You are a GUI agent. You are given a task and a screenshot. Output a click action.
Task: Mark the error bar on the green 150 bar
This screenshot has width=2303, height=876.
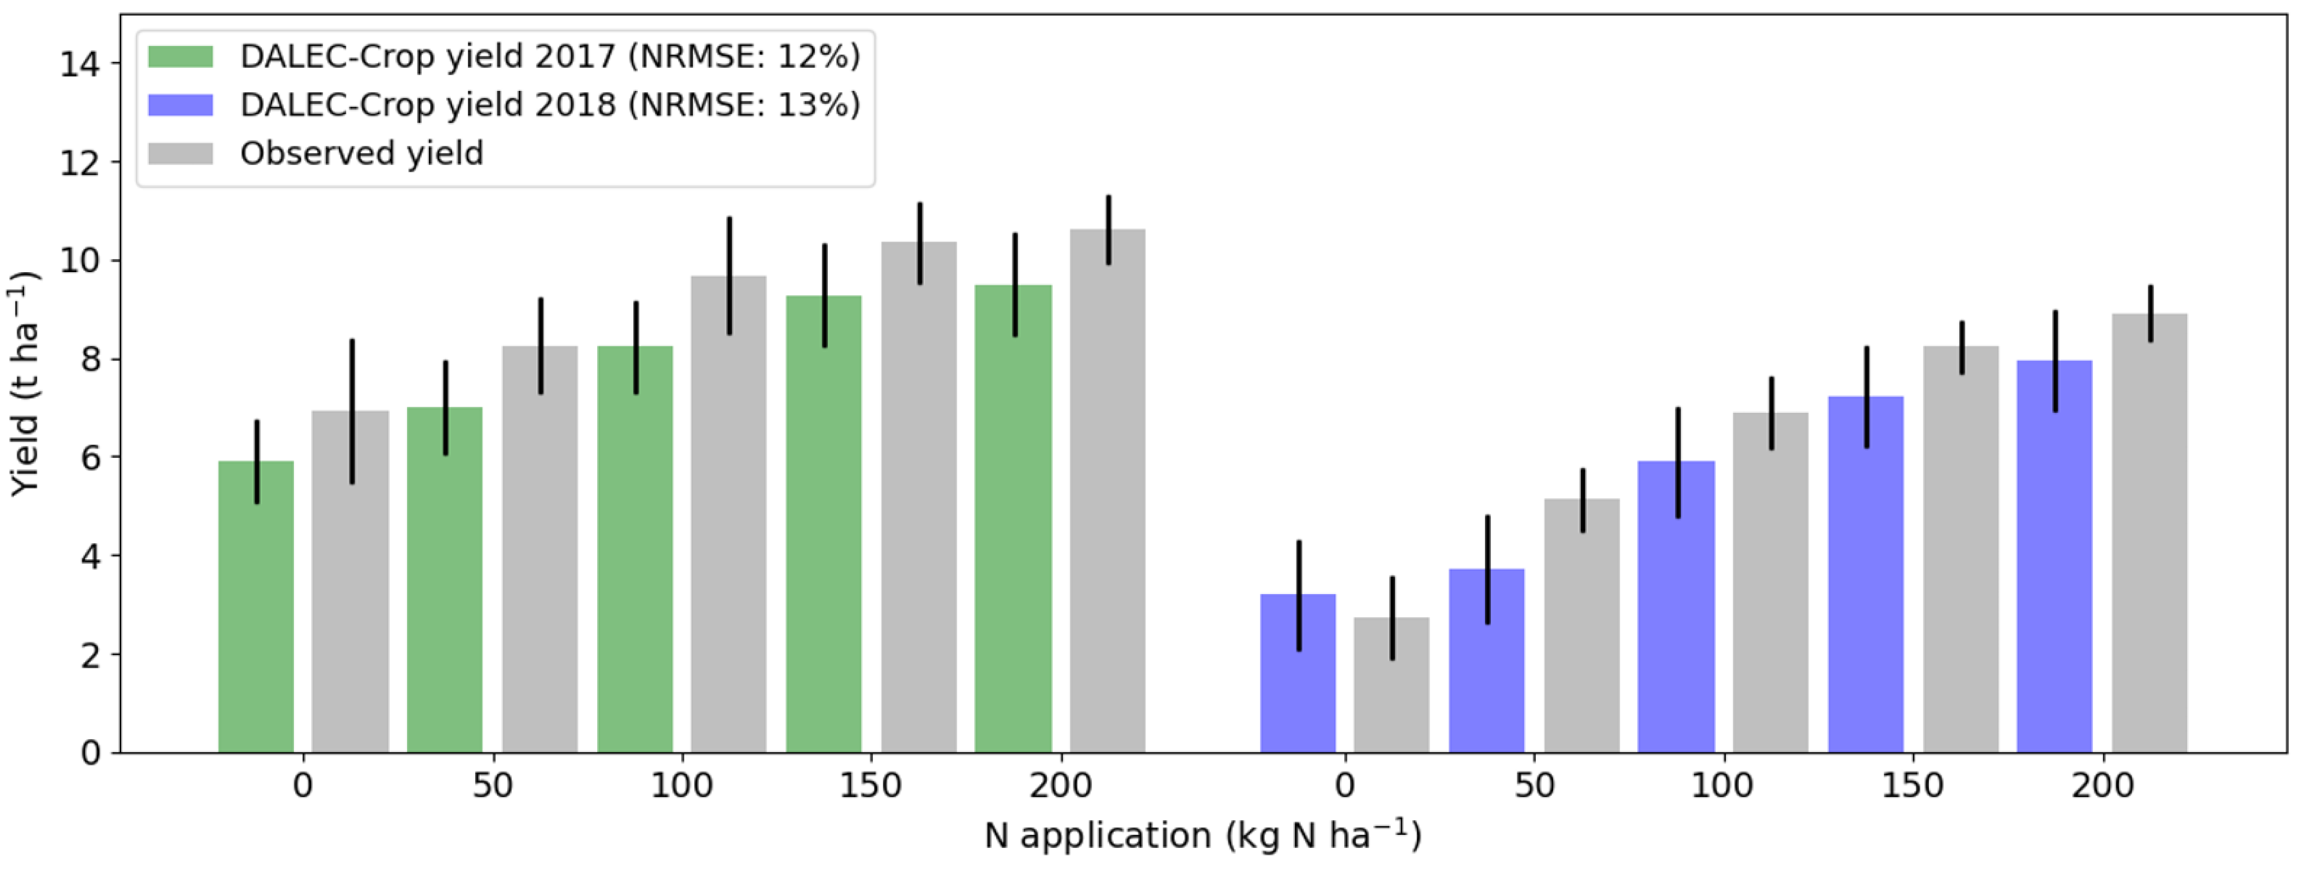pyautogui.click(x=825, y=295)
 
